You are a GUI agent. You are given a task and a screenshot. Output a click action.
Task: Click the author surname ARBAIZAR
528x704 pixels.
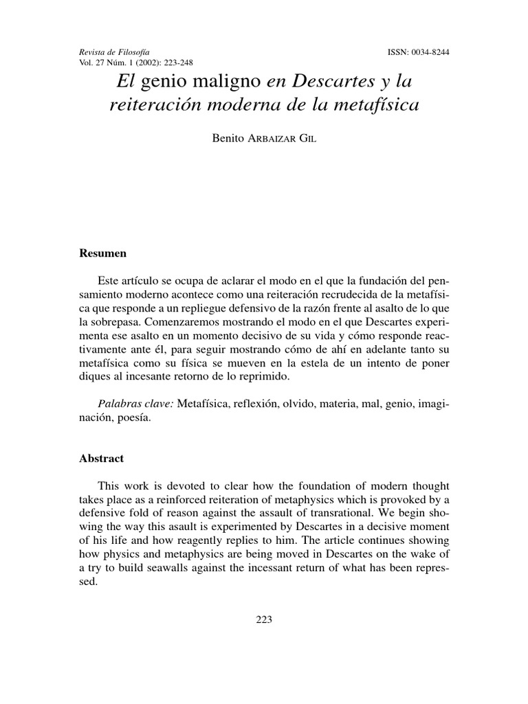tap(264, 140)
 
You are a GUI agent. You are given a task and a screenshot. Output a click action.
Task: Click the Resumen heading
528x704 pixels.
tap(103, 253)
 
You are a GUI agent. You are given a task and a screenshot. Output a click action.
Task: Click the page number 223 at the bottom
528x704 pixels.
tap(264, 619)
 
